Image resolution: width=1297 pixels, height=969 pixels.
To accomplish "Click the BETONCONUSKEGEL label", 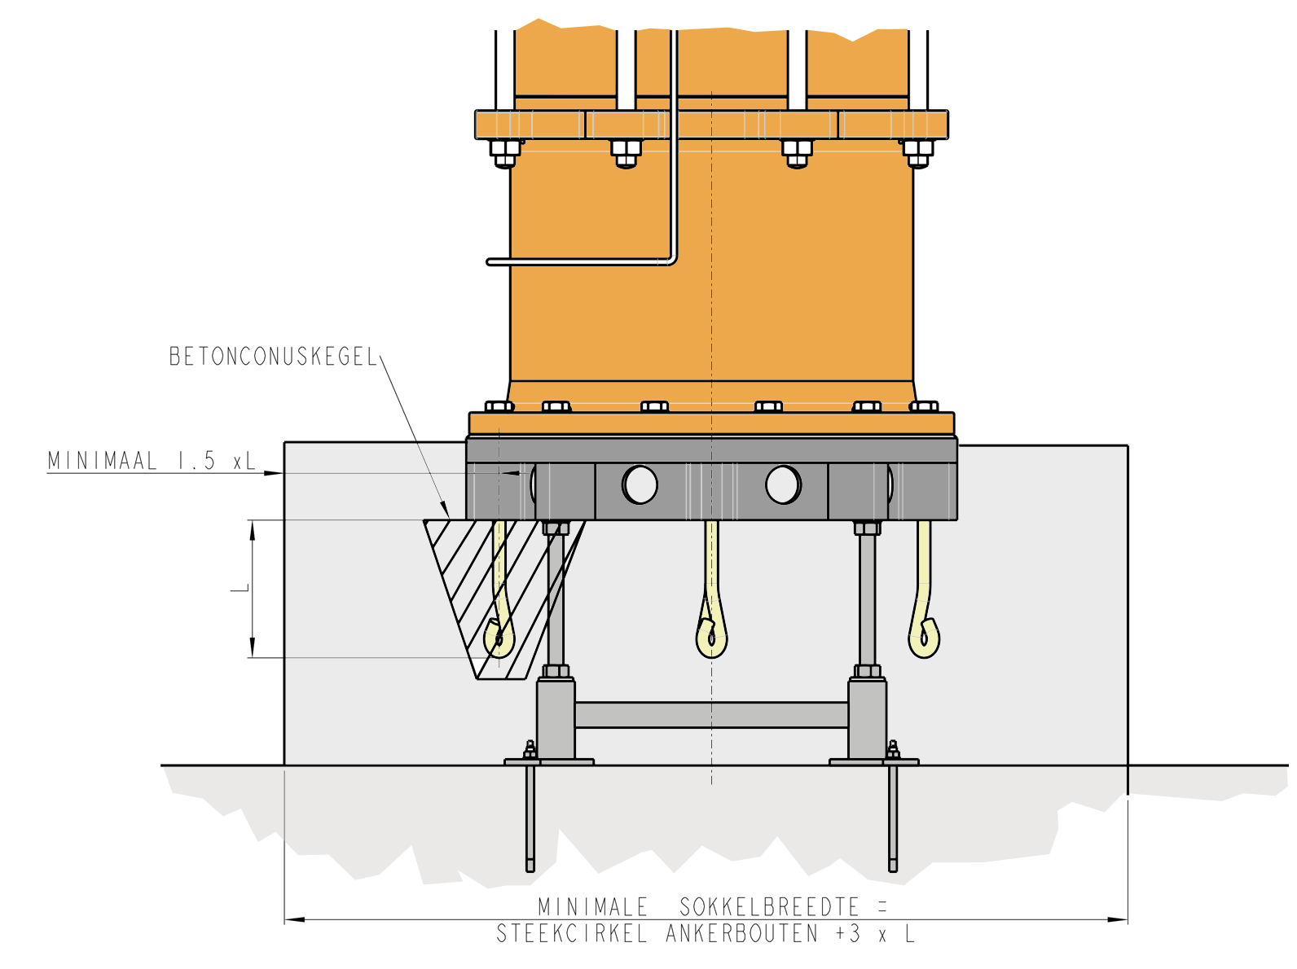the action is (273, 356).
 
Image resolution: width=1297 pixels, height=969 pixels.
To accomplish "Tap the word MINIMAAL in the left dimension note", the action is (102, 461).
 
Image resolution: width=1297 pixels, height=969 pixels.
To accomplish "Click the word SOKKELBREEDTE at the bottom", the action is (769, 906).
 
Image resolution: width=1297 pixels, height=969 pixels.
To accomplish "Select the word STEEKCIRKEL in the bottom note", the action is (571, 933).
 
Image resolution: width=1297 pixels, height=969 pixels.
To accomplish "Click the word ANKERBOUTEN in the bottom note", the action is (742, 933).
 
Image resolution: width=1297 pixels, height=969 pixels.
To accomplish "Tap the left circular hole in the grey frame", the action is (640, 484).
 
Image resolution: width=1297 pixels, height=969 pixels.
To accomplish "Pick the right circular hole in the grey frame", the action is (783, 484).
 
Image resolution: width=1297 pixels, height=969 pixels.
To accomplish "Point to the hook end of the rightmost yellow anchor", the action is (924, 638).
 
